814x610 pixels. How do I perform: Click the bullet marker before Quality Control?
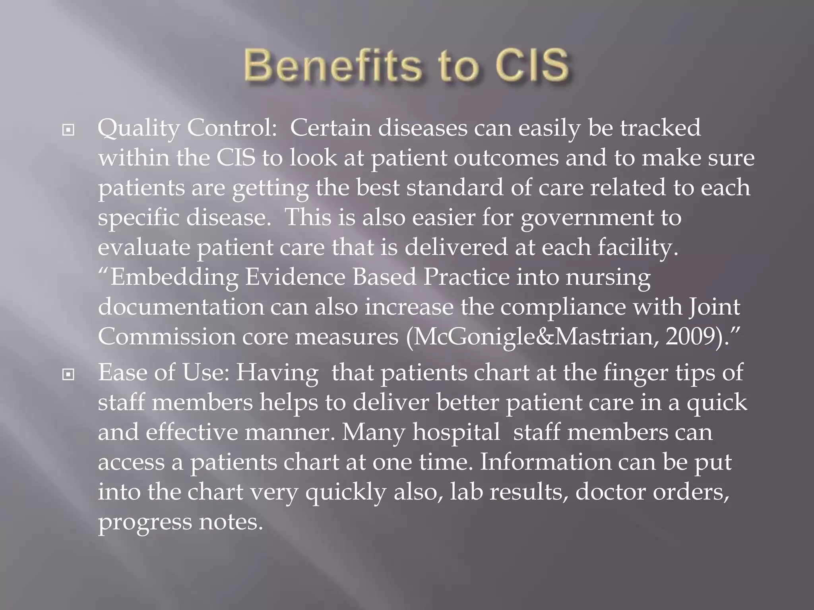coord(68,130)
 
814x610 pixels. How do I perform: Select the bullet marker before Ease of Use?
coord(68,374)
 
